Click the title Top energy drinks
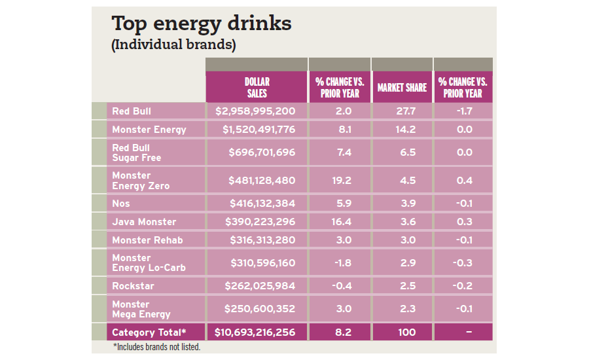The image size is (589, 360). (202, 24)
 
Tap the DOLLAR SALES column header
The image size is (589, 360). (257, 87)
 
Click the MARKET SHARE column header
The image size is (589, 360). (402, 88)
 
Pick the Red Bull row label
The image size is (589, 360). (132, 111)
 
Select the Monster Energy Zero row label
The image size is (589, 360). (141, 181)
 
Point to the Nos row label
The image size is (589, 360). (121, 204)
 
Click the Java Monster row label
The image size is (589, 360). (144, 222)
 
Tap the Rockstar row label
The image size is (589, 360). (134, 286)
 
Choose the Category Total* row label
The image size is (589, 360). (148, 332)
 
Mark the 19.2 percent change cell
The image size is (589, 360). (339, 181)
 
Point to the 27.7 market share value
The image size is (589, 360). (402, 111)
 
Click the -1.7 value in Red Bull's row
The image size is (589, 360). (463, 111)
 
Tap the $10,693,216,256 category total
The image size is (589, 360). (255, 332)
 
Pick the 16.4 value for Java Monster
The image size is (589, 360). (339, 222)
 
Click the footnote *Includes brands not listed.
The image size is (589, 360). (156, 347)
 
